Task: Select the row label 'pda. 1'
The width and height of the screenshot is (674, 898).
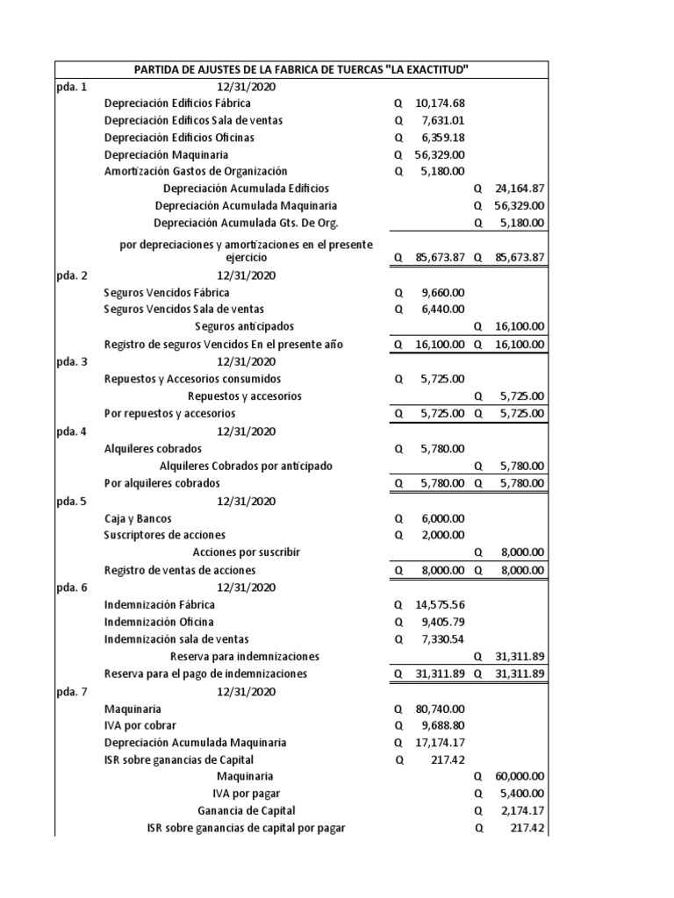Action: pyautogui.click(x=72, y=86)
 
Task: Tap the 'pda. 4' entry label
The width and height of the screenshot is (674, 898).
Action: pyautogui.click(x=72, y=431)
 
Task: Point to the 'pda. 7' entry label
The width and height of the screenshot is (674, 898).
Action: pyautogui.click(x=72, y=692)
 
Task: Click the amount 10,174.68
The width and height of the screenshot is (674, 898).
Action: pyautogui.click(x=440, y=103)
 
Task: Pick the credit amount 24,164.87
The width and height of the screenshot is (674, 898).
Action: pyautogui.click(x=520, y=189)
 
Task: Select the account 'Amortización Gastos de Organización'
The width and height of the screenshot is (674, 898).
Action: pyautogui.click(x=196, y=172)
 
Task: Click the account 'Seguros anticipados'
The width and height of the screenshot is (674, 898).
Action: pyautogui.click(x=246, y=327)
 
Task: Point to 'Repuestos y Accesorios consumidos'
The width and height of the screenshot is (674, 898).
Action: pyautogui.click(x=192, y=379)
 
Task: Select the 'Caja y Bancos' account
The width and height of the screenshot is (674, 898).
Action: pyautogui.click(x=138, y=518)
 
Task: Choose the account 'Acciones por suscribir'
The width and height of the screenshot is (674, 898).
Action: pyautogui.click(x=246, y=552)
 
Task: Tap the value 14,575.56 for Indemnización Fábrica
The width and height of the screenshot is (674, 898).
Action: pyautogui.click(x=440, y=604)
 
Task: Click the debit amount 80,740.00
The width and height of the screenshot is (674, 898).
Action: pyautogui.click(x=440, y=709)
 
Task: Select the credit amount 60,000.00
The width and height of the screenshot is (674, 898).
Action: pyautogui.click(x=520, y=776)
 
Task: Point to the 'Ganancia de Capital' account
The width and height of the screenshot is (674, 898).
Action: pyautogui.click(x=246, y=810)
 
